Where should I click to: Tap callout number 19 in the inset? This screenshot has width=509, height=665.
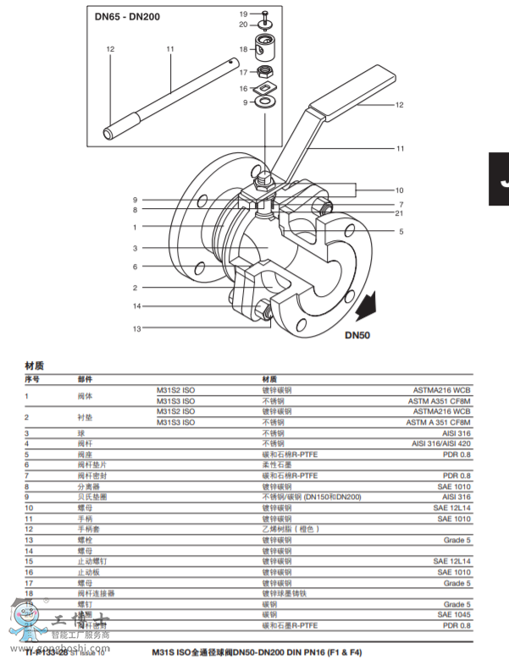point(242,13)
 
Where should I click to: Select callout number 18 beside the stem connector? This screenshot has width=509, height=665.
point(242,49)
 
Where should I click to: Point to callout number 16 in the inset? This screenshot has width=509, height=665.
point(242,89)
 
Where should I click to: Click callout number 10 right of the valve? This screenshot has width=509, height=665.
point(400,190)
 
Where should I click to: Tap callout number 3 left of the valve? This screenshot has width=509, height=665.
point(135,248)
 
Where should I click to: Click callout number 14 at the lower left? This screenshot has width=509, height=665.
point(136,305)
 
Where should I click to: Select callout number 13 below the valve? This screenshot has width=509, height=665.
point(136,328)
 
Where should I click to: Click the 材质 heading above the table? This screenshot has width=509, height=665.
point(34,365)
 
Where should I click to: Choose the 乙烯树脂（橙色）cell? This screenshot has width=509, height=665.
point(292,528)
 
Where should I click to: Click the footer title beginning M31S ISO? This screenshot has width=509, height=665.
point(257,652)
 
